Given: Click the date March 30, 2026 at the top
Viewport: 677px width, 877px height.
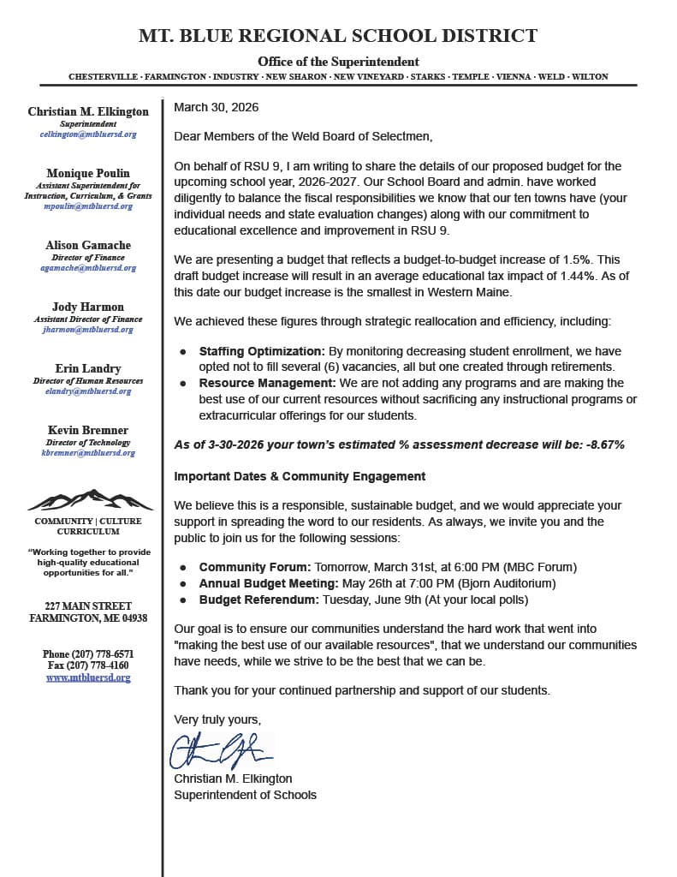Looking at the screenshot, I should [216, 108].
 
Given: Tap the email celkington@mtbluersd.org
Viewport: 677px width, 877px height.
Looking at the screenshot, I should [88, 134].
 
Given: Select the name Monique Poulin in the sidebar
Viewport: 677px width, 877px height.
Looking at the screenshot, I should [88, 173].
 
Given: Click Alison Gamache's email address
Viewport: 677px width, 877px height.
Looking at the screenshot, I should [88, 268].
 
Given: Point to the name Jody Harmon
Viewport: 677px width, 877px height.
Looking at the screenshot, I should [88, 307].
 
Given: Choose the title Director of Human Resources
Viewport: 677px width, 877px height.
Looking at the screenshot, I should [88, 380].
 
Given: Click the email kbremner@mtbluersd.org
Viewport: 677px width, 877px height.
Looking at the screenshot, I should [88, 453].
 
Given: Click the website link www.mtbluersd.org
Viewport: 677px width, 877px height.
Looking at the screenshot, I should [88, 677].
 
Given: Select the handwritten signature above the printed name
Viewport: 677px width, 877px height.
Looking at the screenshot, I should [221, 750].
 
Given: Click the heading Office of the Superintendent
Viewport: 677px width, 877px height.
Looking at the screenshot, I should [338, 62].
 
